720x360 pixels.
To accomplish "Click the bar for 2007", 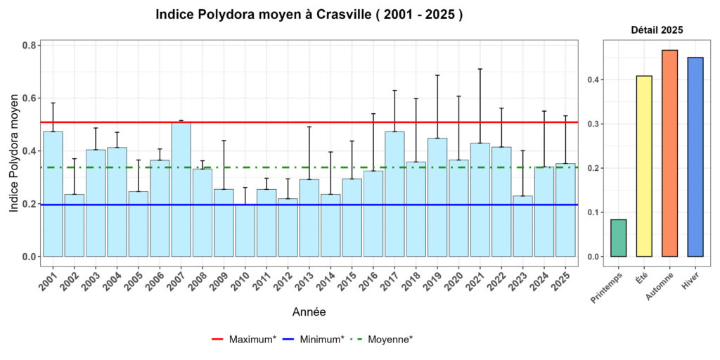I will point(181,190).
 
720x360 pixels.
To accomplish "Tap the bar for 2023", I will point(522,226).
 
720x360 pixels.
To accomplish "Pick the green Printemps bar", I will point(619,238).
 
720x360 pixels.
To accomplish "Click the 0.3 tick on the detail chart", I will point(596,124).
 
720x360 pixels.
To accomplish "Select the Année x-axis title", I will point(309,311).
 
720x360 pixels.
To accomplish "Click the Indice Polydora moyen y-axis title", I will point(14,150).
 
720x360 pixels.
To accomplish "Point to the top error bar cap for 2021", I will point(480,69).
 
